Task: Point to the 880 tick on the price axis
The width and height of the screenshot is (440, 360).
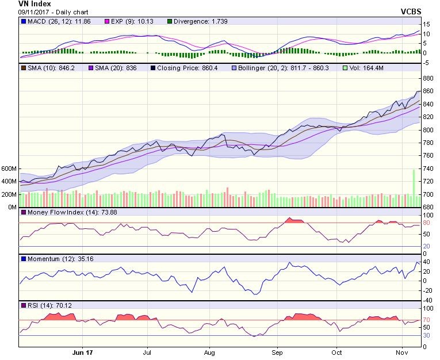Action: tap(427, 78)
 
